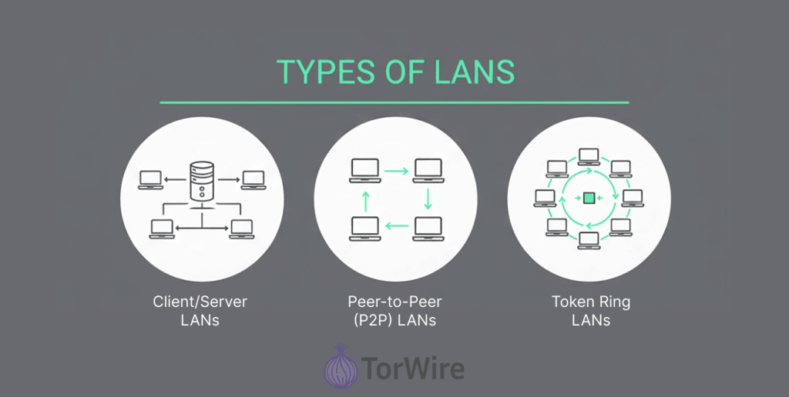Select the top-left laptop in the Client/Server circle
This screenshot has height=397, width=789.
(x=150, y=179)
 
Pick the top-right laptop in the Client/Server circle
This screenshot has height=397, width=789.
(x=253, y=179)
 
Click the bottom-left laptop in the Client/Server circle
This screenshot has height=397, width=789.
(x=162, y=228)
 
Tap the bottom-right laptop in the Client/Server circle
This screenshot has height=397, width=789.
(x=241, y=228)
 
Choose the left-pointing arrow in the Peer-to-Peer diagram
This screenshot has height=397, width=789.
(x=395, y=226)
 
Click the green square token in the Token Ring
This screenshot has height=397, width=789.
(x=589, y=198)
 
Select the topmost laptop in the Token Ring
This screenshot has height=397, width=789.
(x=589, y=156)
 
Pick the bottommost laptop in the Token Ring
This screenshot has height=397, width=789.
(x=589, y=239)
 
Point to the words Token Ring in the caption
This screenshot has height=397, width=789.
(x=591, y=301)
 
